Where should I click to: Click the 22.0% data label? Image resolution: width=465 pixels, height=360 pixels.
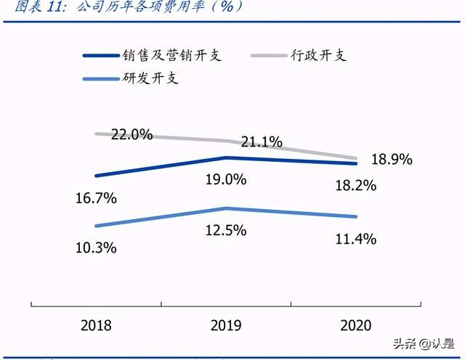coord(132,134)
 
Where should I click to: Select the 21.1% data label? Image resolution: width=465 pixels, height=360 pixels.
coord(262,142)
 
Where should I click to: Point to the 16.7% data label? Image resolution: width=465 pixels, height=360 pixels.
coord(96,197)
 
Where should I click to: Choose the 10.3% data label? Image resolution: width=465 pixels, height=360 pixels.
coord(96,247)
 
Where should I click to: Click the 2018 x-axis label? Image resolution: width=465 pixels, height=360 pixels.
coord(96,325)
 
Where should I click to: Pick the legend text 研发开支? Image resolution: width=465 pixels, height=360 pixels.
coord(150,78)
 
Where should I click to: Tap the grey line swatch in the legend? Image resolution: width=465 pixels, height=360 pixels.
coord(268,56)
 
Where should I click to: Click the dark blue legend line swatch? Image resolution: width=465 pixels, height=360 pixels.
coord(101,56)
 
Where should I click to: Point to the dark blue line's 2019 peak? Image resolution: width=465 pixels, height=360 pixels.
coord(226,157)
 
